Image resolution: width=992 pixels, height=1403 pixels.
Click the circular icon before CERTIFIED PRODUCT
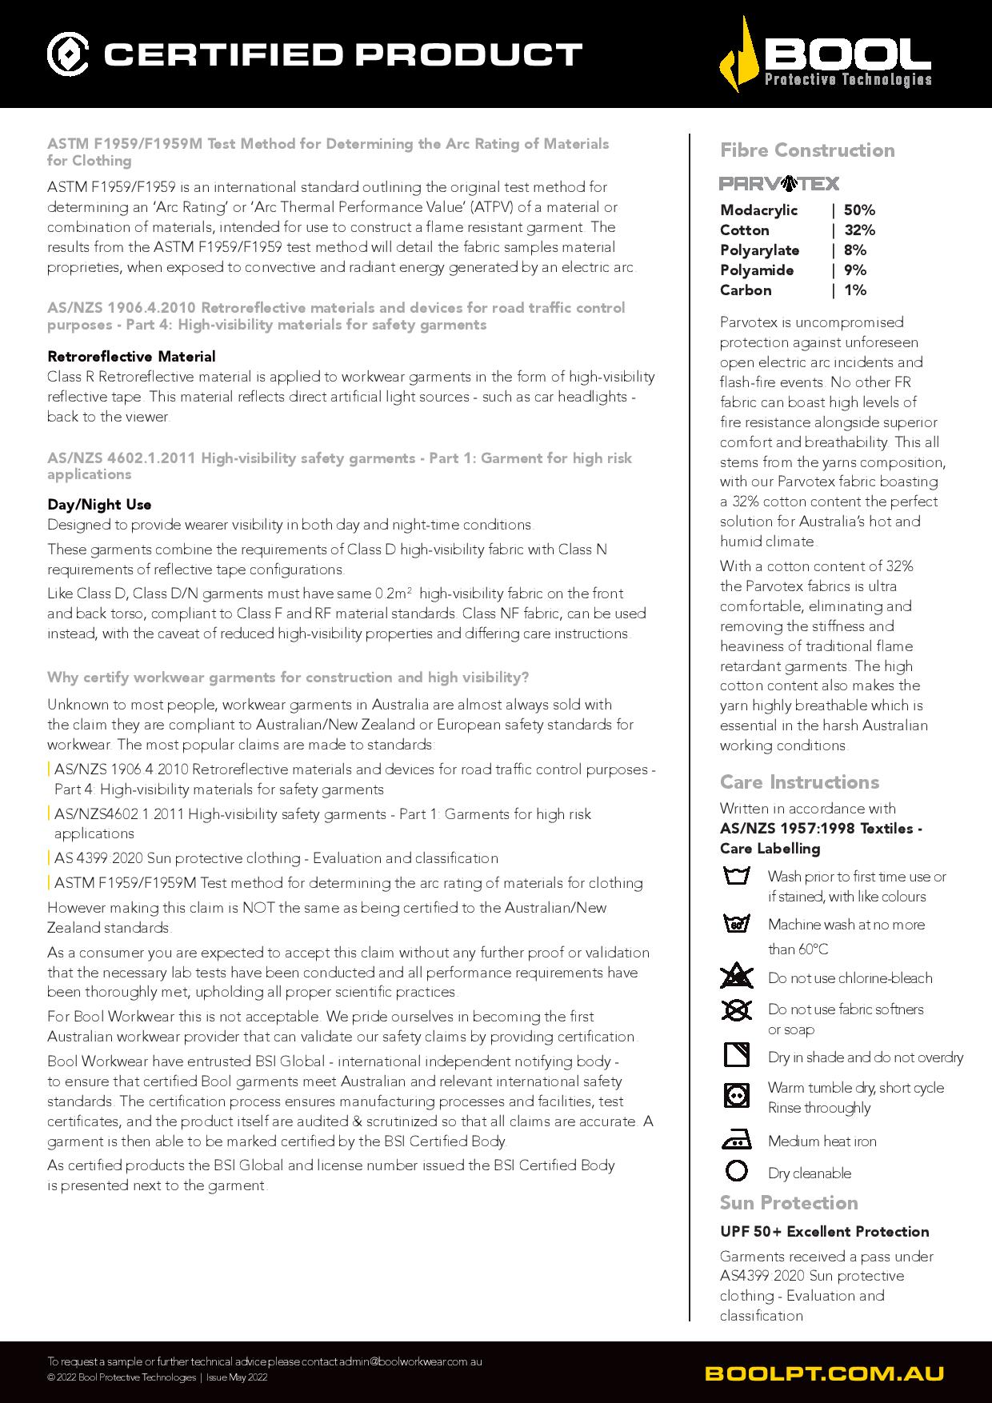68,54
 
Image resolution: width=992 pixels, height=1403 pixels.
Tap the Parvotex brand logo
779,184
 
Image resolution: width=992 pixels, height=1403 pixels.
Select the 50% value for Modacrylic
859,210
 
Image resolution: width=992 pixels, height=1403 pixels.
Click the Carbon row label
746,290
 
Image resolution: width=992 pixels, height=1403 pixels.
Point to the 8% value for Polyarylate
854,250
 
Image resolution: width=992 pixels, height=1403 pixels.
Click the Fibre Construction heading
807,150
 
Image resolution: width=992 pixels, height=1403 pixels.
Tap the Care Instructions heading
799,782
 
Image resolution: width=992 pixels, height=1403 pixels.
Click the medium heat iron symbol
736,1141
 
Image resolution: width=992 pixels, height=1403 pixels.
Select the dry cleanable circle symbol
736,1171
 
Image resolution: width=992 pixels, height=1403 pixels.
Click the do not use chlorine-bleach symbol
736,977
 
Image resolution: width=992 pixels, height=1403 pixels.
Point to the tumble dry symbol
736,1094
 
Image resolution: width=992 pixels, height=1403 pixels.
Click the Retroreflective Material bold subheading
131,357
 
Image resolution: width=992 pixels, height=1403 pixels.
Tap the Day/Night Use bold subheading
99,505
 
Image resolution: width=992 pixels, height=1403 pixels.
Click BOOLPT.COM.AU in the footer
824,1373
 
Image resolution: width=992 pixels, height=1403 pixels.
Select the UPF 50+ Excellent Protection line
824,1232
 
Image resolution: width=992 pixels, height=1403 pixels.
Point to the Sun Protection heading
789,1203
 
